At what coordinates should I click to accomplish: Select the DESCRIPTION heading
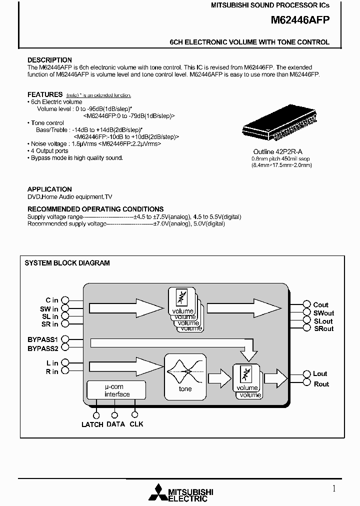tap(49, 60)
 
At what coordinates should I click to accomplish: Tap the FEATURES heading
tap(45, 94)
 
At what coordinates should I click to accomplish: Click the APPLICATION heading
tap(49, 189)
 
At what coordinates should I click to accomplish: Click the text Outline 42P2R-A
tap(280, 152)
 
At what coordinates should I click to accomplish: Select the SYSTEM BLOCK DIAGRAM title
tap(67, 263)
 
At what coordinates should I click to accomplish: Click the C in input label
tap(52, 300)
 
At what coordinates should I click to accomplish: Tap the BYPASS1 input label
tap(43, 339)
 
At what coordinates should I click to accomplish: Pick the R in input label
tap(52, 371)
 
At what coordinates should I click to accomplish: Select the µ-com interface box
tap(116, 390)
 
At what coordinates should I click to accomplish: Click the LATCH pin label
tap(92, 424)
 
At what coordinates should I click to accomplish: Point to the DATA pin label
tap(115, 424)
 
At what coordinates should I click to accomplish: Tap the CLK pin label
tap(136, 424)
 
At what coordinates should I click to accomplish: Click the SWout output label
tap(323, 313)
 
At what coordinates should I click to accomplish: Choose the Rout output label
tap(321, 384)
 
